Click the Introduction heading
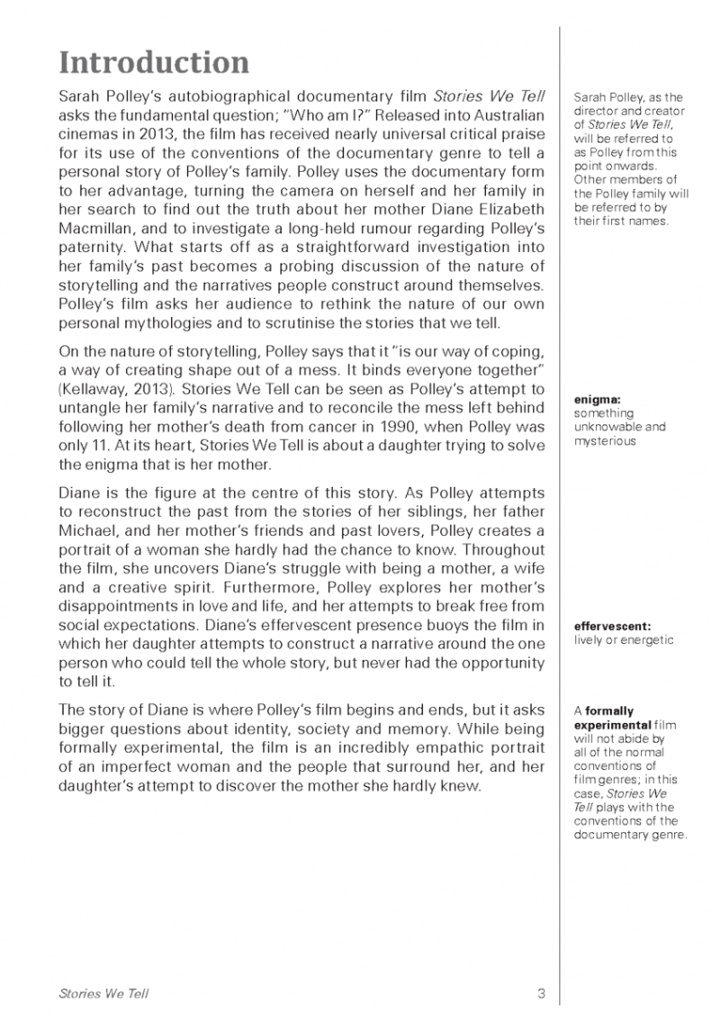pyautogui.click(x=153, y=62)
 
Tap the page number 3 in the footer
pyautogui.click(x=541, y=993)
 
